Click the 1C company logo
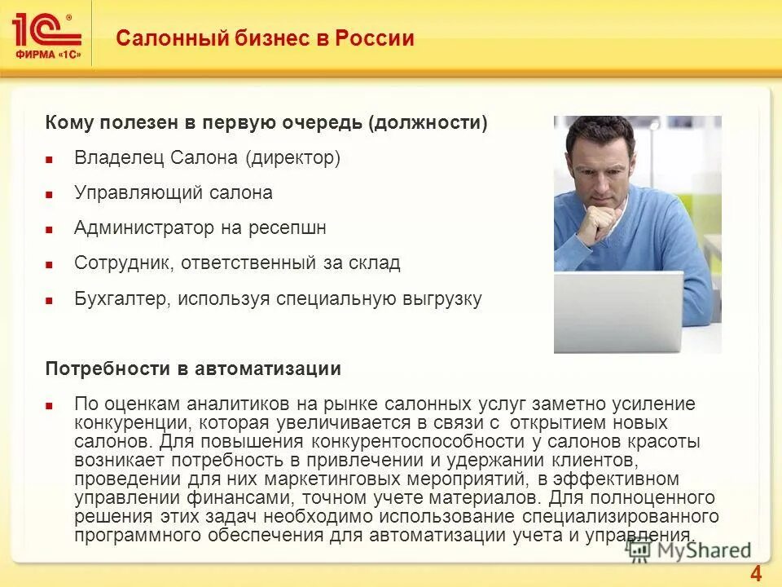coord(46,33)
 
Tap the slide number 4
coord(755,572)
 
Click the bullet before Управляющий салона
coord(49,195)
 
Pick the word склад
coord(376,263)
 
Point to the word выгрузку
coord(441,298)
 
